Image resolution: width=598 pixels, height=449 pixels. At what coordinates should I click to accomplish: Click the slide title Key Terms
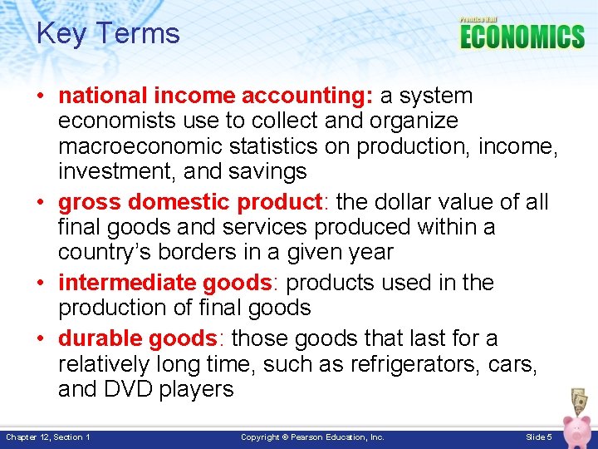108,34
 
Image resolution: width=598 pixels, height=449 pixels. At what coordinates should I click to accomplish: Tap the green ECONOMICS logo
522,37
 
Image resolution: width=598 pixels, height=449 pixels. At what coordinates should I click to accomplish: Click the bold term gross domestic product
189,202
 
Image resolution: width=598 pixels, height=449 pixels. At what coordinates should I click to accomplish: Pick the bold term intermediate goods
165,283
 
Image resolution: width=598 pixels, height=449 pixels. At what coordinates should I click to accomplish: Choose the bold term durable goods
137,338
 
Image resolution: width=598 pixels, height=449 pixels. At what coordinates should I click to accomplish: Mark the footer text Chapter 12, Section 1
48,437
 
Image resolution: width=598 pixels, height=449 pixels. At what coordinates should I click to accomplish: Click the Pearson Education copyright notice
312,437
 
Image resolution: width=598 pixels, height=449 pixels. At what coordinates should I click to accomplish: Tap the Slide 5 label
539,437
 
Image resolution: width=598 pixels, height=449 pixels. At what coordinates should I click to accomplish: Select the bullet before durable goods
41,339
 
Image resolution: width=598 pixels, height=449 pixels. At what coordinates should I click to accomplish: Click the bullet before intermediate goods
41,284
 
